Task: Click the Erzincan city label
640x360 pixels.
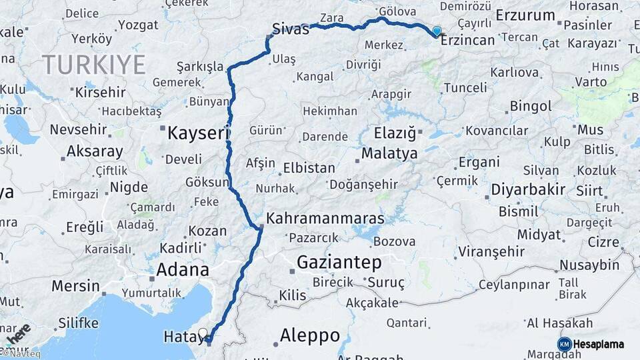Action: [468, 41]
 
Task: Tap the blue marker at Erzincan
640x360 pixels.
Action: [437, 31]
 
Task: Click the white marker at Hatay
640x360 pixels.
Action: [203, 332]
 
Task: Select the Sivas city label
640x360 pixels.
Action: [291, 30]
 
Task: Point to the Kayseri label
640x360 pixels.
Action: [198, 133]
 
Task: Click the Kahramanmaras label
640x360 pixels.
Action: [325, 219]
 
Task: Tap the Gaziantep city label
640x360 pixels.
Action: [339, 261]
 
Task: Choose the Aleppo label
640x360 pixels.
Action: [310, 335]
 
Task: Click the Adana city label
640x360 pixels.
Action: [182, 270]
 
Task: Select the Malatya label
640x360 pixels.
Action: [389, 153]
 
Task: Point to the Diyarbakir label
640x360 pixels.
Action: [528, 189]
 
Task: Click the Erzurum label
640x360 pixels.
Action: [526, 15]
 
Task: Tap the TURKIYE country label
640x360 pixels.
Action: [94, 65]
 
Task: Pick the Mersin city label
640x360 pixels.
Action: [75, 286]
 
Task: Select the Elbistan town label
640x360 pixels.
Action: [309, 168]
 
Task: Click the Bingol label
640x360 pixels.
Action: [531, 106]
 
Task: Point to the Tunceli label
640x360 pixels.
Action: [465, 87]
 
